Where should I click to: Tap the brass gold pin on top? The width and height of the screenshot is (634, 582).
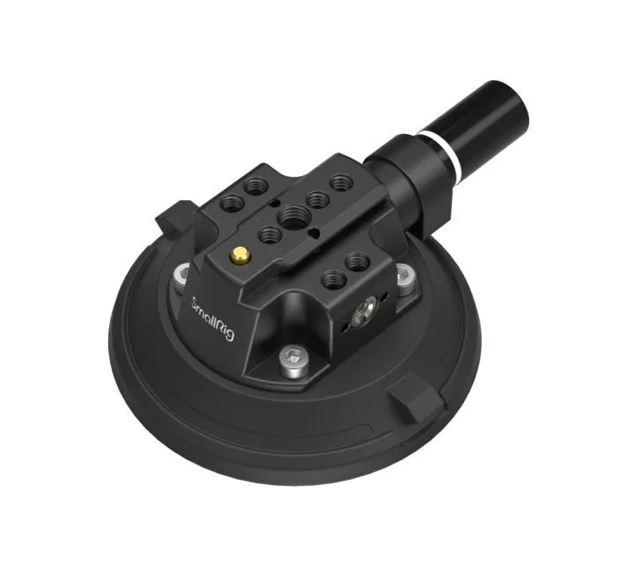click(239, 256)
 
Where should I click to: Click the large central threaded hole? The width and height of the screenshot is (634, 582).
click(289, 213)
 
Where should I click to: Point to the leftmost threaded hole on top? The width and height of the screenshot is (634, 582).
click(227, 201)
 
